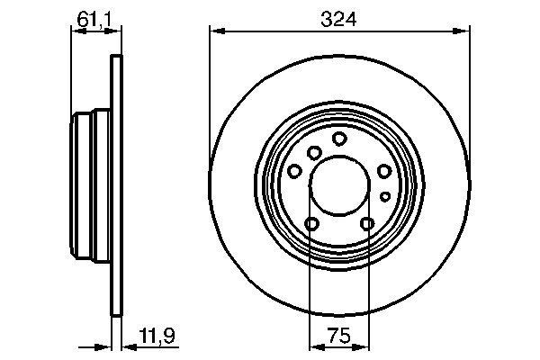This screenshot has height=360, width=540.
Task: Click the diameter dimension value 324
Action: point(339,17)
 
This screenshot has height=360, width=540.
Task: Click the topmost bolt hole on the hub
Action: point(339,139)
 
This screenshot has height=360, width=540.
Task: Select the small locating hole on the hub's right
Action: point(384,195)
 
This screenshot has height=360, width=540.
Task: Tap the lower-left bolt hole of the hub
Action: point(312,224)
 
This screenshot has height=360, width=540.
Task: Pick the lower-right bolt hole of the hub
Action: point(366,224)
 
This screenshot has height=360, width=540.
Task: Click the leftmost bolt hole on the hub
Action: point(294,171)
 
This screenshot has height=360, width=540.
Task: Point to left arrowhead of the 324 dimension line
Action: point(215,33)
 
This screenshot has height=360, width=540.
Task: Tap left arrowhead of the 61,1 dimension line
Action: point(76,33)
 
